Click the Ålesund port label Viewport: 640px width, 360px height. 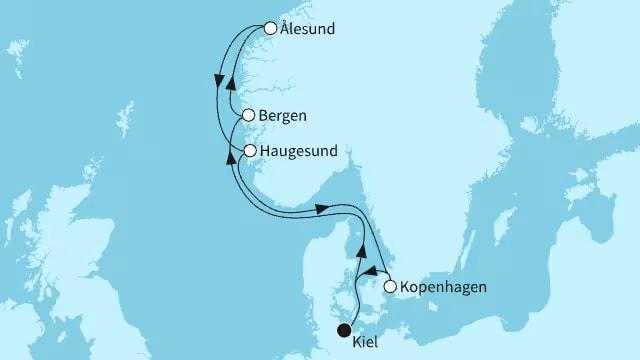308,30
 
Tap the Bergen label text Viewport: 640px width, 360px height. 282,116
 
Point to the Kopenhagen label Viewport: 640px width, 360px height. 443,288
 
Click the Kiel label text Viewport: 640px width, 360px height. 366,343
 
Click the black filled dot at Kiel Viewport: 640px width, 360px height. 344,330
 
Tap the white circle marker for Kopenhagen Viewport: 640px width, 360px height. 390,287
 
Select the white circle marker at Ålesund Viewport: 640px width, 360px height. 270,29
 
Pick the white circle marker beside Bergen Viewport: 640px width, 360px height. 249,115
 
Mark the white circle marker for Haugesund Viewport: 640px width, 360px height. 250,152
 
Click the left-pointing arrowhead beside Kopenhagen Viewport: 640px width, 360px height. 368,269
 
